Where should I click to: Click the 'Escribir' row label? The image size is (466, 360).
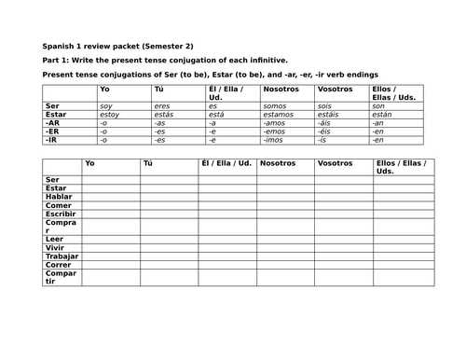61,214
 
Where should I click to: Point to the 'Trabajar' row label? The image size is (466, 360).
61,256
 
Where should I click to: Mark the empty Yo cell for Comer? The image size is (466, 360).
109,205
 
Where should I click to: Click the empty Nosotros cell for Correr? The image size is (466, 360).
284,265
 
